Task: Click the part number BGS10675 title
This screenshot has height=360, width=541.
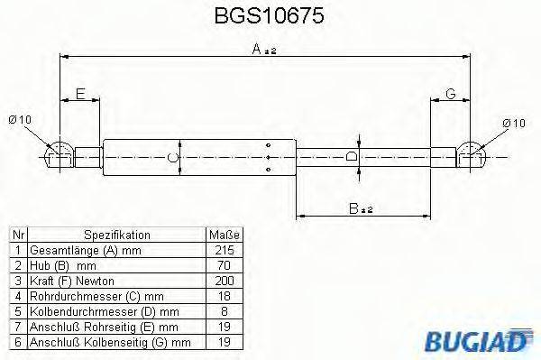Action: (270, 17)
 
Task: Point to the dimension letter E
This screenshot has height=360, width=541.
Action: (80, 94)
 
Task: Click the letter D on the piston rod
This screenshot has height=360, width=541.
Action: (353, 157)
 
